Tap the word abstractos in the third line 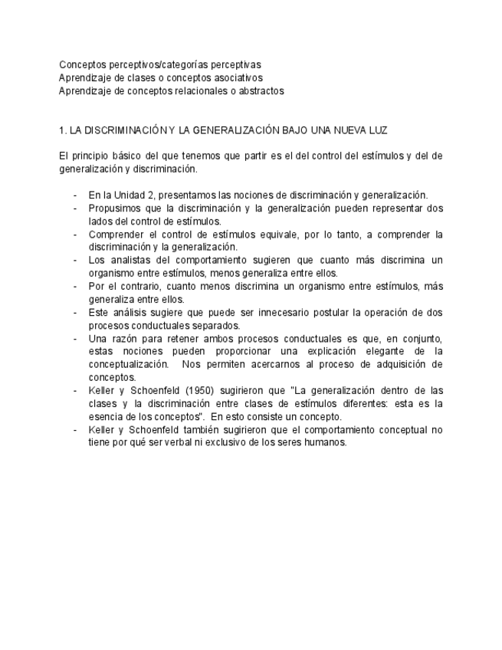[260, 91]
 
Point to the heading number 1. [62, 130]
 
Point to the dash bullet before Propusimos [75, 208]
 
